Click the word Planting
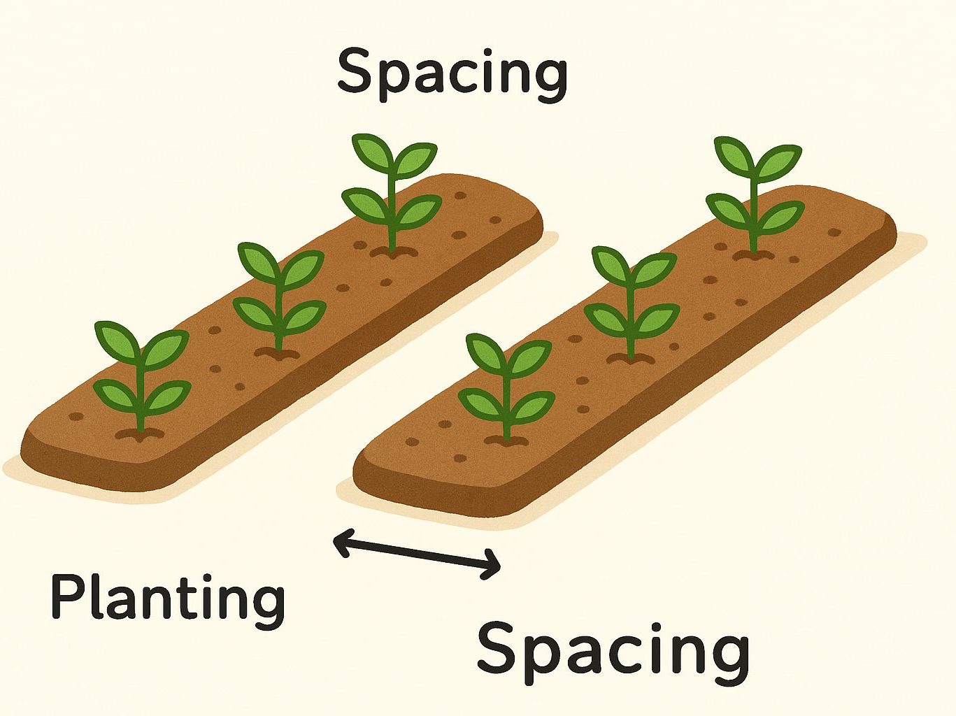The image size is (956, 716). click(168, 599)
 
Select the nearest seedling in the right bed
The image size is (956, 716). click(506, 385)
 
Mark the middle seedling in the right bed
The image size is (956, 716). click(632, 301)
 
